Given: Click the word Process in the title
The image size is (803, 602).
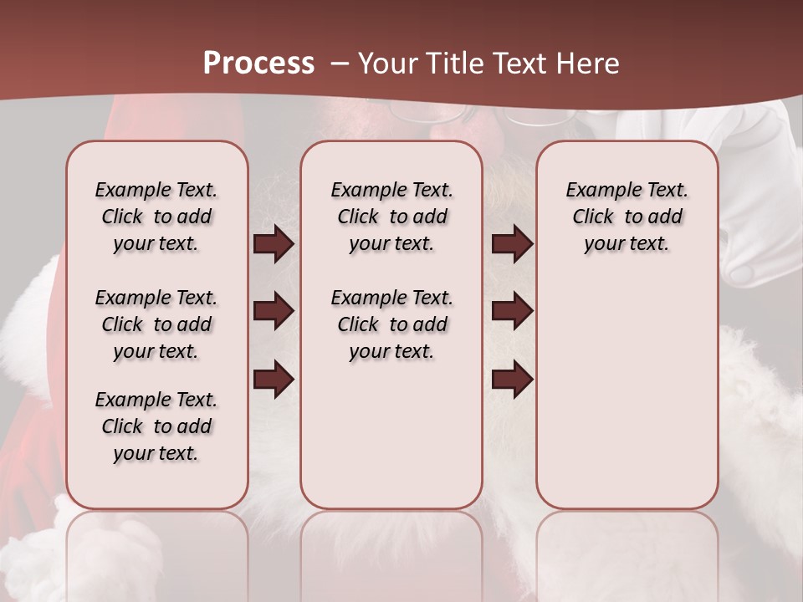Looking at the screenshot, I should point(258,63).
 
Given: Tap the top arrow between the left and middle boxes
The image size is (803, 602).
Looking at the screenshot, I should point(274,243).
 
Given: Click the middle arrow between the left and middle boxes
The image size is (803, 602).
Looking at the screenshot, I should point(274,311).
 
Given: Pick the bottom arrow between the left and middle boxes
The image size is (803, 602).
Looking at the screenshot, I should point(274,379).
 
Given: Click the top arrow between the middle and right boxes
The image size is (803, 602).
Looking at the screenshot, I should point(512,243).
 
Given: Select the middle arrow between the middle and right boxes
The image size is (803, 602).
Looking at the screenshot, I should point(512,311).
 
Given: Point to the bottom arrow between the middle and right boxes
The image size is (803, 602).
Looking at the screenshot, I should point(512,379).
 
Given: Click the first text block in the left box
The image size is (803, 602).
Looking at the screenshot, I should point(156,217).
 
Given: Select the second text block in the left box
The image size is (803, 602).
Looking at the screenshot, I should point(156,324).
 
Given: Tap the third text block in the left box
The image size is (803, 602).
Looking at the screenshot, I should point(156,426).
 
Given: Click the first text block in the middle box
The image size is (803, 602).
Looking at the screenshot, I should point(391,217).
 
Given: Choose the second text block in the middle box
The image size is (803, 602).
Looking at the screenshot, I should point(391,324).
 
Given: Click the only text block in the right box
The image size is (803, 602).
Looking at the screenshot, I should point(627,217).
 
